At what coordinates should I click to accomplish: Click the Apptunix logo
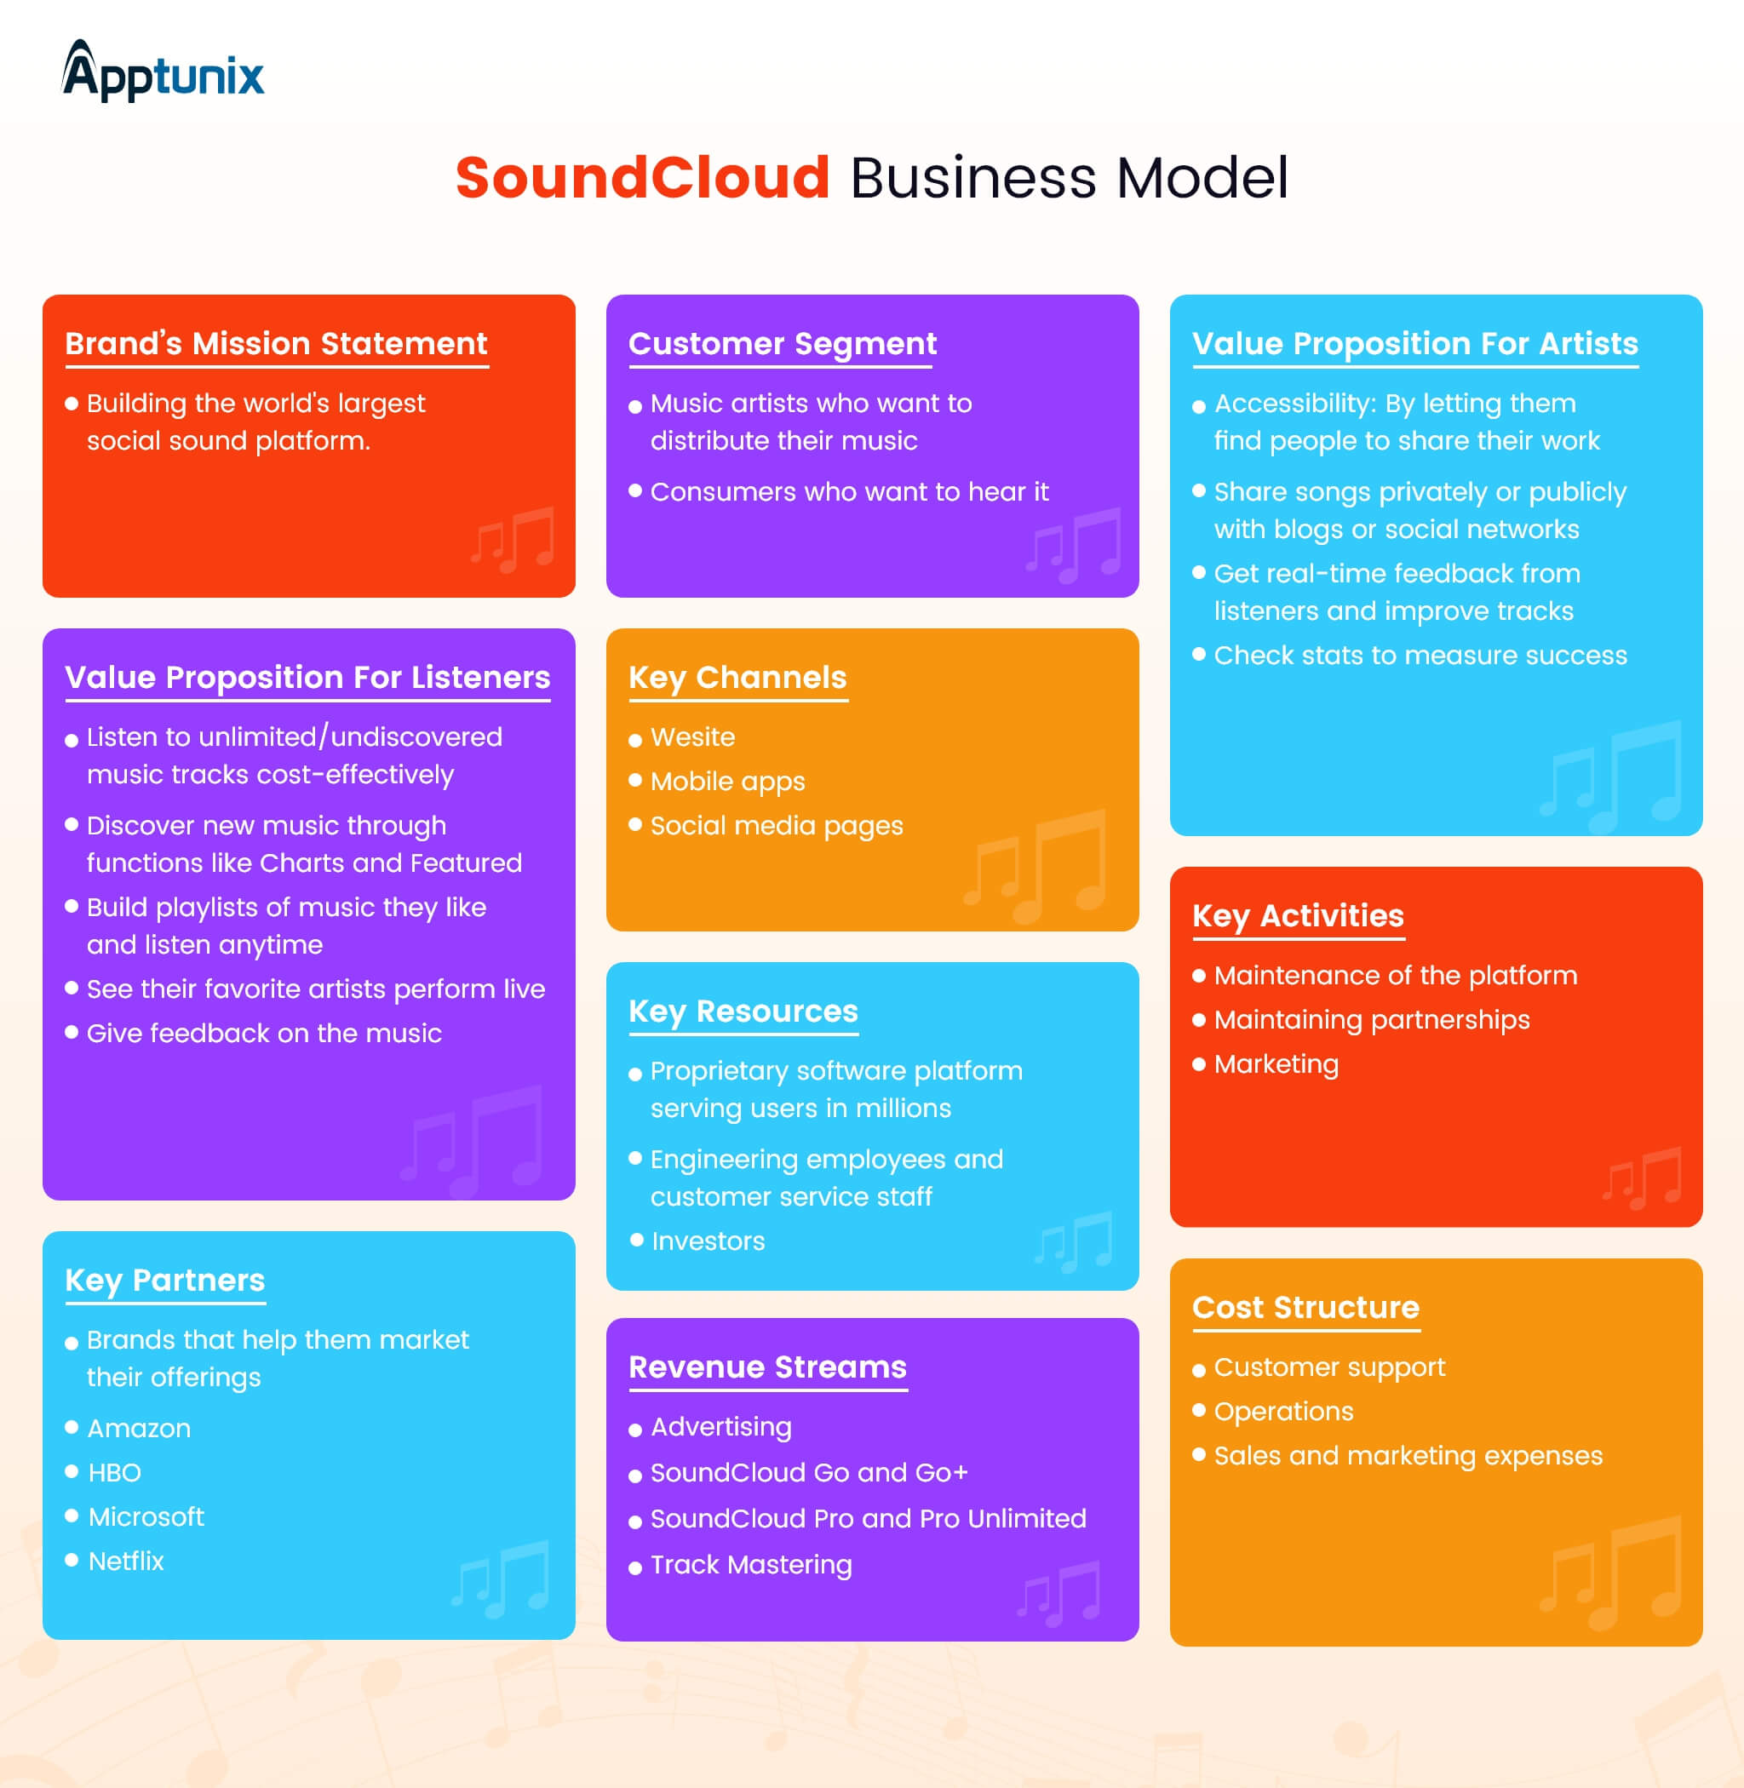(x=163, y=72)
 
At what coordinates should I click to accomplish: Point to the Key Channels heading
(x=737, y=678)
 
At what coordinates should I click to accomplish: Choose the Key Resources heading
(x=743, y=1011)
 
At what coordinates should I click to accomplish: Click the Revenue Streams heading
(x=767, y=1367)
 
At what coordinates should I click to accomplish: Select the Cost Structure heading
(x=1305, y=1307)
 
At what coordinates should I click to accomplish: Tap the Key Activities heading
(x=1297, y=916)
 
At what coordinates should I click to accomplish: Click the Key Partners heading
(x=165, y=1280)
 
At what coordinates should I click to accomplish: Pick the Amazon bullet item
(x=139, y=1428)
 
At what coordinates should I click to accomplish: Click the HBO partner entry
(x=114, y=1473)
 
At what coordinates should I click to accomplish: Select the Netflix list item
(x=126, y=1561)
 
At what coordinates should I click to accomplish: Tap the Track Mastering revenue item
(x=751, y=1565)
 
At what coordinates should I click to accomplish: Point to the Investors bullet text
(x=708, y=1241)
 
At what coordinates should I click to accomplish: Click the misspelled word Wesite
(x=692, y=737)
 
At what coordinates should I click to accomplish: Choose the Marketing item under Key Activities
(x=1276, y=1064)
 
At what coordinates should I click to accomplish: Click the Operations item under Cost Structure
(x=1283, y=1412)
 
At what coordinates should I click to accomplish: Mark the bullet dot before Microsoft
(x=72, y=1516)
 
